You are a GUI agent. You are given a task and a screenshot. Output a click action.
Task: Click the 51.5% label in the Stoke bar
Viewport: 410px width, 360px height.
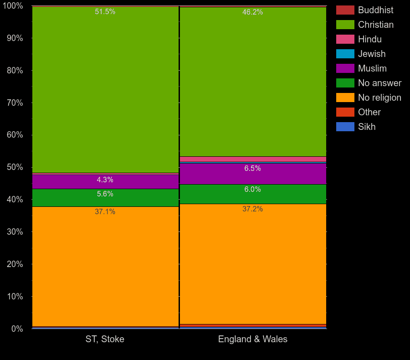tap(105, 12)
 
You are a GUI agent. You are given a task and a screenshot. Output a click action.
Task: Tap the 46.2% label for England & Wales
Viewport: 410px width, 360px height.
tap(252, 12)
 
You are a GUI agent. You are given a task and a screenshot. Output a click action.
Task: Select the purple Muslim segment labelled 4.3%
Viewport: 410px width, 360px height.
tap(105, 181)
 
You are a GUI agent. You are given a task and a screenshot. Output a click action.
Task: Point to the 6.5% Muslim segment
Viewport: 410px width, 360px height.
tap(253, 174)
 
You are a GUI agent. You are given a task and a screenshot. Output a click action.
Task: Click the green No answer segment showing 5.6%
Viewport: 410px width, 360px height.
tap(105, 197)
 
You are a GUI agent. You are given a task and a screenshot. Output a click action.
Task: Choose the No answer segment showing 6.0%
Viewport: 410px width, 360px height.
tap(253, 194)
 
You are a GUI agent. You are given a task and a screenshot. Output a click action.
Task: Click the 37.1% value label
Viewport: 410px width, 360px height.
tap(105, 212)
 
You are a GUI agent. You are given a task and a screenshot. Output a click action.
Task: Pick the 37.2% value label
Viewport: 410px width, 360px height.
tap(252, 209)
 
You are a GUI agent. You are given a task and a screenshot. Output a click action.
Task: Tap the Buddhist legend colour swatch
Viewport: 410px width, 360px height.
tap(345, 10)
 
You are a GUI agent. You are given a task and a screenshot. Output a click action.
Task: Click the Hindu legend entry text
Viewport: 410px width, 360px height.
tap(369, 39)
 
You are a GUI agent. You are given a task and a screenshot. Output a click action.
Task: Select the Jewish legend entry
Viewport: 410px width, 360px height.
tap(371, 54)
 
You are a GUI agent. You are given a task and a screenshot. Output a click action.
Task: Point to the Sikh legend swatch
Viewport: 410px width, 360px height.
tap(345, 127)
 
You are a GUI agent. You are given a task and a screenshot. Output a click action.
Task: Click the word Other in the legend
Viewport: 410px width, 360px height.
tap(369, 112)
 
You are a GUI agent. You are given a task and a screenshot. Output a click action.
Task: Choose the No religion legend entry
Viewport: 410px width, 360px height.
tap(379, 98)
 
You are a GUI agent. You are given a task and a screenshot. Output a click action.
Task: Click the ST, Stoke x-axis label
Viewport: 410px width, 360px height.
tap(105, 339)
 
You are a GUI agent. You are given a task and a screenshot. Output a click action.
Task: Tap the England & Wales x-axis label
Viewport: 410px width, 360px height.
tap(253, 339)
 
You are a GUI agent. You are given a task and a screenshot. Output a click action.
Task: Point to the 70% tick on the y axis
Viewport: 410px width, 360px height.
tap(15, 103)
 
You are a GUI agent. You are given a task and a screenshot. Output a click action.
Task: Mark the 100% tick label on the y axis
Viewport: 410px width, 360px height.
tap(13, 6)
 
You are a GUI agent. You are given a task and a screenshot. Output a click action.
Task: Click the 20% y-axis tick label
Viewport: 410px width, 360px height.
tap(15, 264)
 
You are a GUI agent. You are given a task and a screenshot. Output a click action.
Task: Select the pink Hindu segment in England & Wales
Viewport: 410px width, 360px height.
tap(253, 159)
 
